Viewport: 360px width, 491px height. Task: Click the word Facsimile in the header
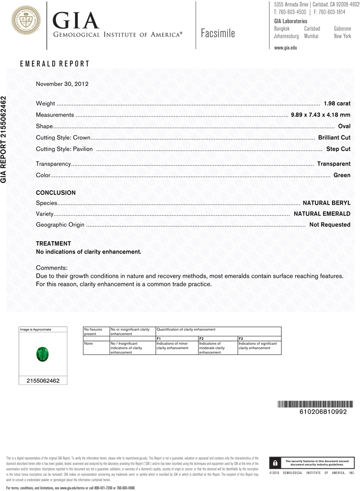coord(218,33)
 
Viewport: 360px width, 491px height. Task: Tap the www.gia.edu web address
coord(285,48)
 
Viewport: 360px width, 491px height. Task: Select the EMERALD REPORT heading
coord(55,64)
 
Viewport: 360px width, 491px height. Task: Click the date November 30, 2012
coord(62,83)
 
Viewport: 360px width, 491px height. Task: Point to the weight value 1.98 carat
coord(337,104)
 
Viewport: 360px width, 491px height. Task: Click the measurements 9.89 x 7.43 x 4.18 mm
coord(321,115)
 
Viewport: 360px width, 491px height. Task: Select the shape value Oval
coord(344,126)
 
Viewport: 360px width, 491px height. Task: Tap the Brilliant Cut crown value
coord(334,137)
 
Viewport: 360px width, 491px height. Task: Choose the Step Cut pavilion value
coord(338,149)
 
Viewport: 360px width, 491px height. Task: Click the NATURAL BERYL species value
coord(327,203)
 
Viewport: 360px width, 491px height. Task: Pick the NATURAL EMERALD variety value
coord(322,214)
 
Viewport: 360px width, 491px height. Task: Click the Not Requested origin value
coord(330,225)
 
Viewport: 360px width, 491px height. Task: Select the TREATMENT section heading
coord(54,244)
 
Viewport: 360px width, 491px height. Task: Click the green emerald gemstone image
coord(42,354)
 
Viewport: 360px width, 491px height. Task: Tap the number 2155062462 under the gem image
coord(42,381)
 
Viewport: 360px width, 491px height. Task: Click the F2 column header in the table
coord(201,339)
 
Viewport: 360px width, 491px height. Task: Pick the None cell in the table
coord(88,344)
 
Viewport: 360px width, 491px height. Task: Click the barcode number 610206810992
coord(323,411)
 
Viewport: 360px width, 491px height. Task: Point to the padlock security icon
coord(276,463)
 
